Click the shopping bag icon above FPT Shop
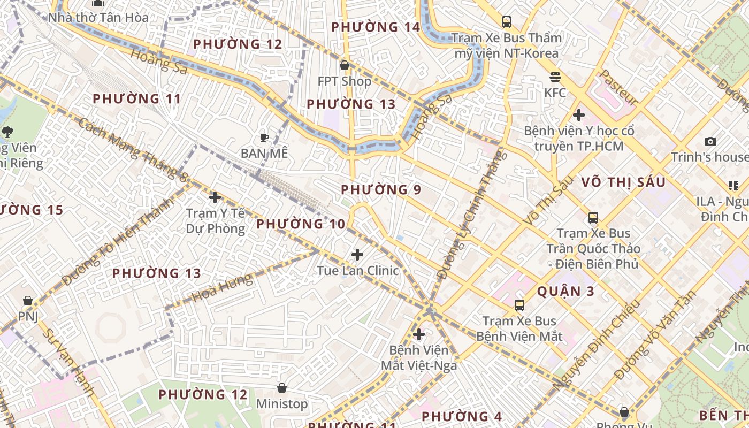tap(345, 65)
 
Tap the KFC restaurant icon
tap(555, 77)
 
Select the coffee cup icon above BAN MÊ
tap(264, 137)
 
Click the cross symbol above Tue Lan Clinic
tap(357, 255)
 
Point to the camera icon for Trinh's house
tap(710, 141)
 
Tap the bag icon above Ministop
tap(282, 387)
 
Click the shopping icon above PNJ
tap(28, 301)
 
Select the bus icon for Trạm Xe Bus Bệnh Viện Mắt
tap(519, 305)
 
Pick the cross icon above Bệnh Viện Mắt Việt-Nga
tap(419, 335)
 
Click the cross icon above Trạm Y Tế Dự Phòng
tap(215, 197)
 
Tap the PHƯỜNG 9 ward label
tap(381, 190)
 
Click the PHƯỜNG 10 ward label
tap(301, 224)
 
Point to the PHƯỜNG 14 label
tap(376, 27)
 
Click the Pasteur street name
tap(619, 87)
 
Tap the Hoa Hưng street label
tap(222, 288)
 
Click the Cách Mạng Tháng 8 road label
tap(132, 148)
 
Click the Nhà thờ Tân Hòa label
tap(98, 18)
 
